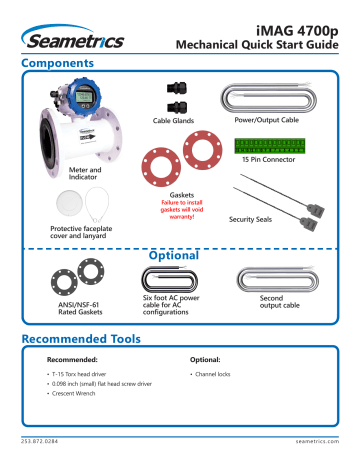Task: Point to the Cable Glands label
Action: [x=174, y=121]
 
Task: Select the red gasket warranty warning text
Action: [x=183, y=205]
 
